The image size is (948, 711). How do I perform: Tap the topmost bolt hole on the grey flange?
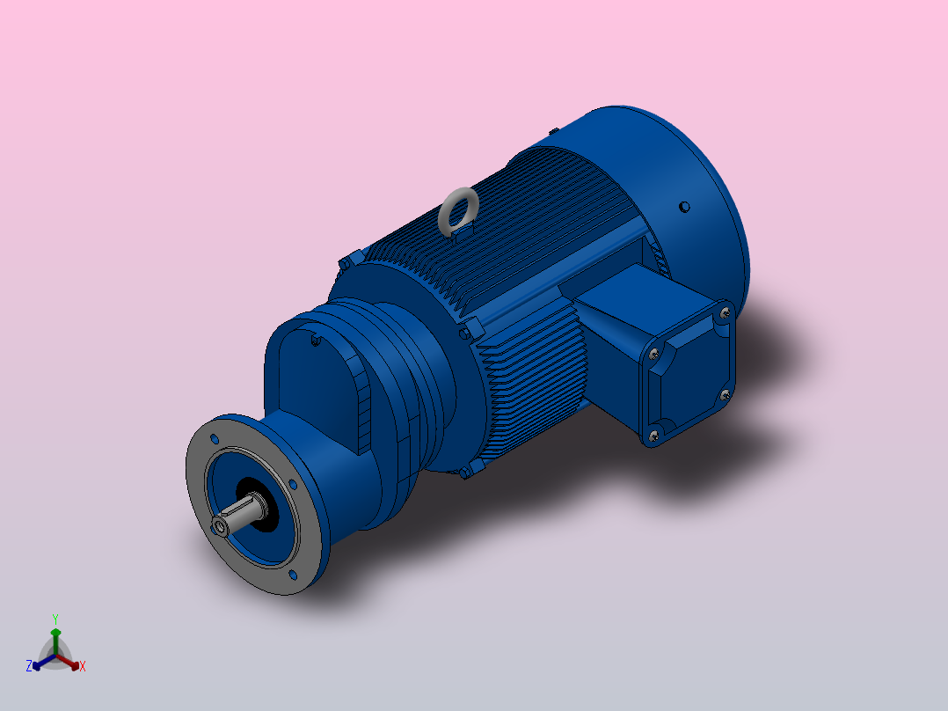click(214, 437)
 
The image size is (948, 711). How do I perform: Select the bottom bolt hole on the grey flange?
click(290, 575)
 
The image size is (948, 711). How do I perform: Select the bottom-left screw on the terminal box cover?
click(653, 435)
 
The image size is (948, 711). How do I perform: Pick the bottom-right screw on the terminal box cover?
click(725, 395)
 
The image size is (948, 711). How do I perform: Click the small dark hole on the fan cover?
click(683, 207)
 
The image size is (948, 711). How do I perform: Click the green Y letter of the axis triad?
click(55, 619)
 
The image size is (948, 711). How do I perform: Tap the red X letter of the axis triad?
click(83, 666)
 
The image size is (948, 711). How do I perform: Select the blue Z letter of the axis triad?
click(29, 666)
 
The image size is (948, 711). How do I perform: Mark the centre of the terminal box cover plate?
click(689, 374)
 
